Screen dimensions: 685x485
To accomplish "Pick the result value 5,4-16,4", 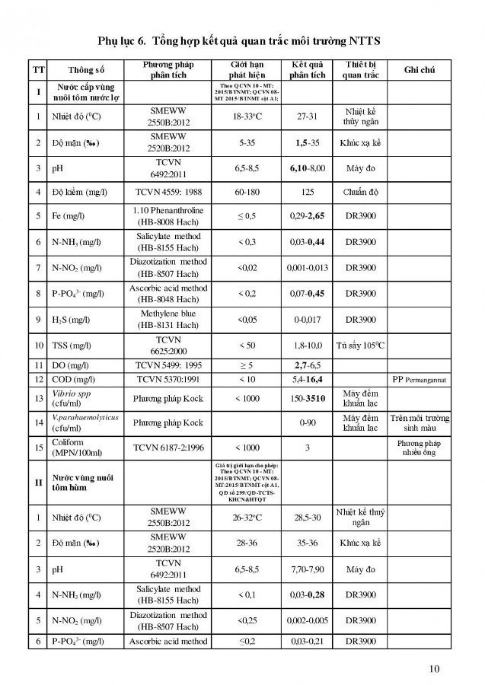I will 308,379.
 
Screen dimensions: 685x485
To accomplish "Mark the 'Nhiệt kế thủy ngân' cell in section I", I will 361,116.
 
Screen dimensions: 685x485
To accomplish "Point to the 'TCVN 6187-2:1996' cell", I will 168,448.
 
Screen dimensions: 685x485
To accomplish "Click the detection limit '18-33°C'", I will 247,116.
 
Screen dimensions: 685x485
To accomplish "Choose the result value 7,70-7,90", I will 308,568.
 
